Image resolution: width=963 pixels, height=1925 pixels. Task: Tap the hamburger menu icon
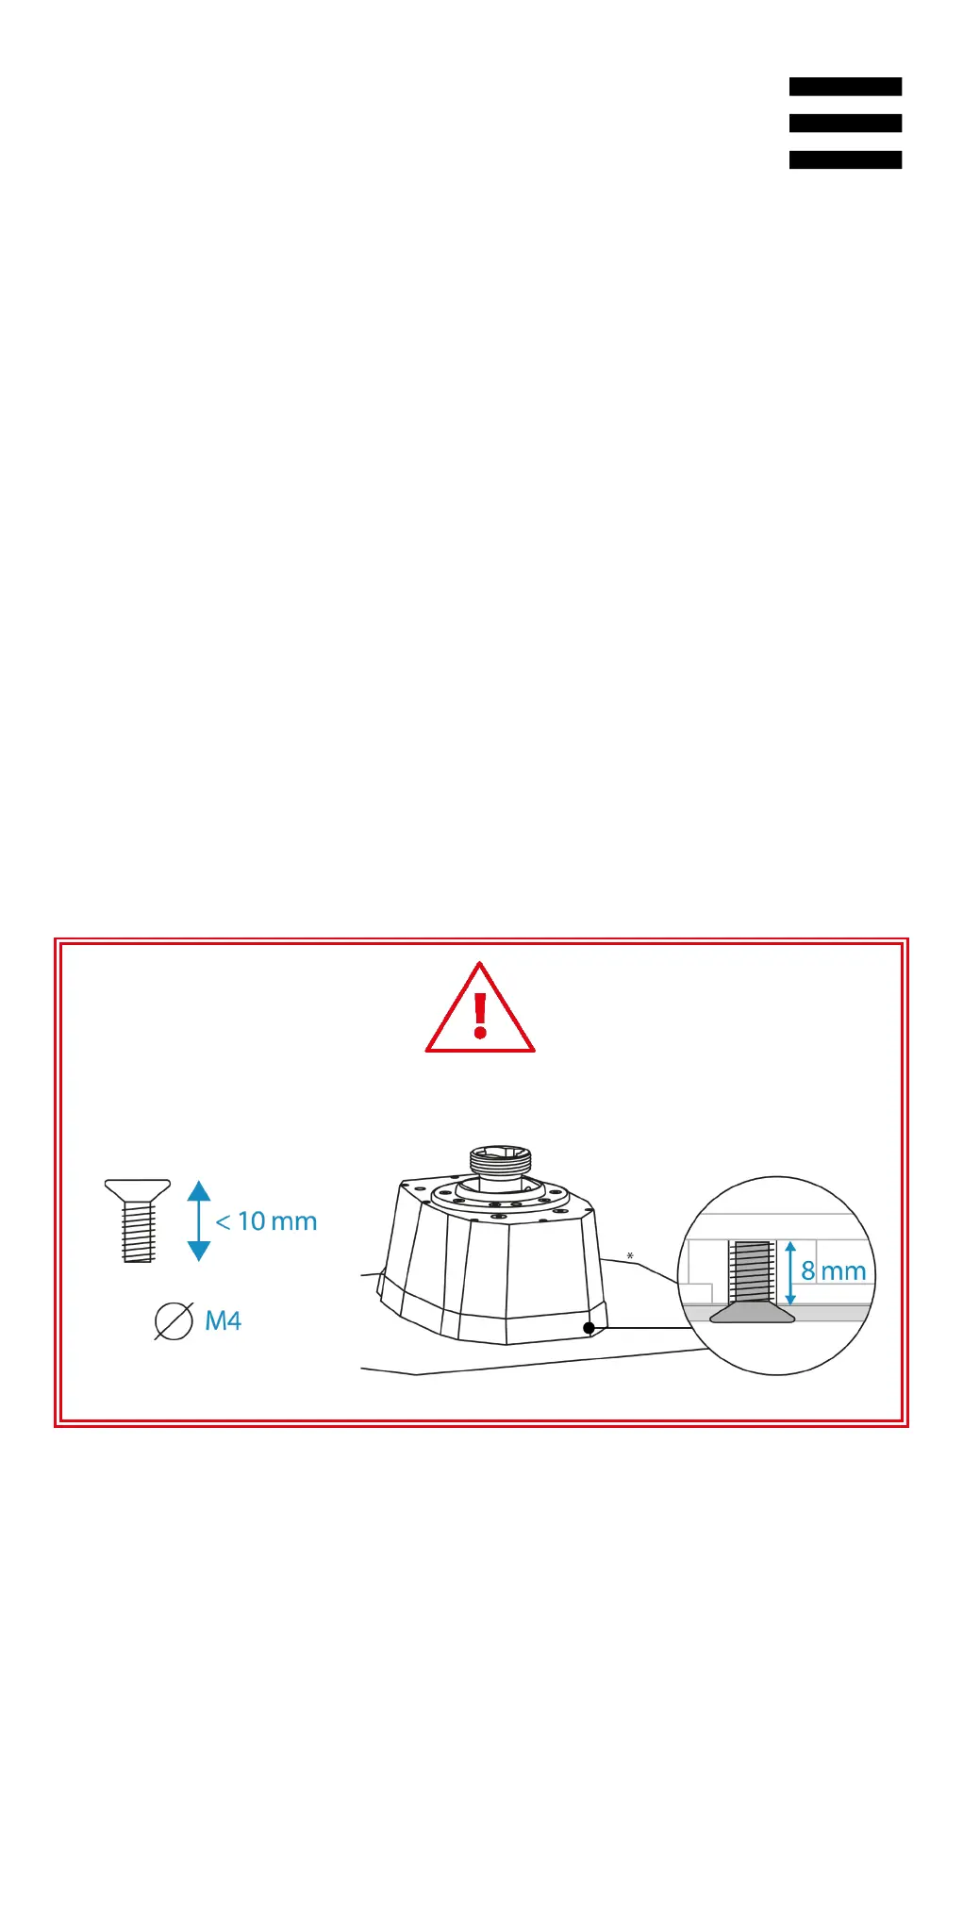[845, 123]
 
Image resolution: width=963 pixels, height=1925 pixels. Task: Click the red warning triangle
[480, 1009]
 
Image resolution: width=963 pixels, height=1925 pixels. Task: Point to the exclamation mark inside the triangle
[480, 1015]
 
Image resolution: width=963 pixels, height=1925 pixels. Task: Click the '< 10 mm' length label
[266, 1221]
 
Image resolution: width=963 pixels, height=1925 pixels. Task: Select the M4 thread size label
[223, 1320]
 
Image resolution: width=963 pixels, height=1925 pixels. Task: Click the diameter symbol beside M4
[174, 1321]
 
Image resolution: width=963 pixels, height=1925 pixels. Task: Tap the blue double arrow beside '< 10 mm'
[199, 1220]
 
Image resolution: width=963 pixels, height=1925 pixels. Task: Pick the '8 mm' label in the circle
[834, 1271]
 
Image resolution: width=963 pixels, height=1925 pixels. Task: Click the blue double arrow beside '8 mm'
[790, 1273]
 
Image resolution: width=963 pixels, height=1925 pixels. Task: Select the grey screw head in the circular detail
[752, 1313]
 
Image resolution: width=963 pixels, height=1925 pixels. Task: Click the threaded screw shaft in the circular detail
[752, 1271]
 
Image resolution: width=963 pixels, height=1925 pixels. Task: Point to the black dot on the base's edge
[589, 1328]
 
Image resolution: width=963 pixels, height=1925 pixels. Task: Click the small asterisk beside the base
[630, 1255]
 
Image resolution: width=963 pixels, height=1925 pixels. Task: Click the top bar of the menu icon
[845, 87]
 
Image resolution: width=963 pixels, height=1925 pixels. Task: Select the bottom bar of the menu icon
[845, 159]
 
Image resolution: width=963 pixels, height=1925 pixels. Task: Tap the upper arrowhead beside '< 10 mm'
[199, 1189]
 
